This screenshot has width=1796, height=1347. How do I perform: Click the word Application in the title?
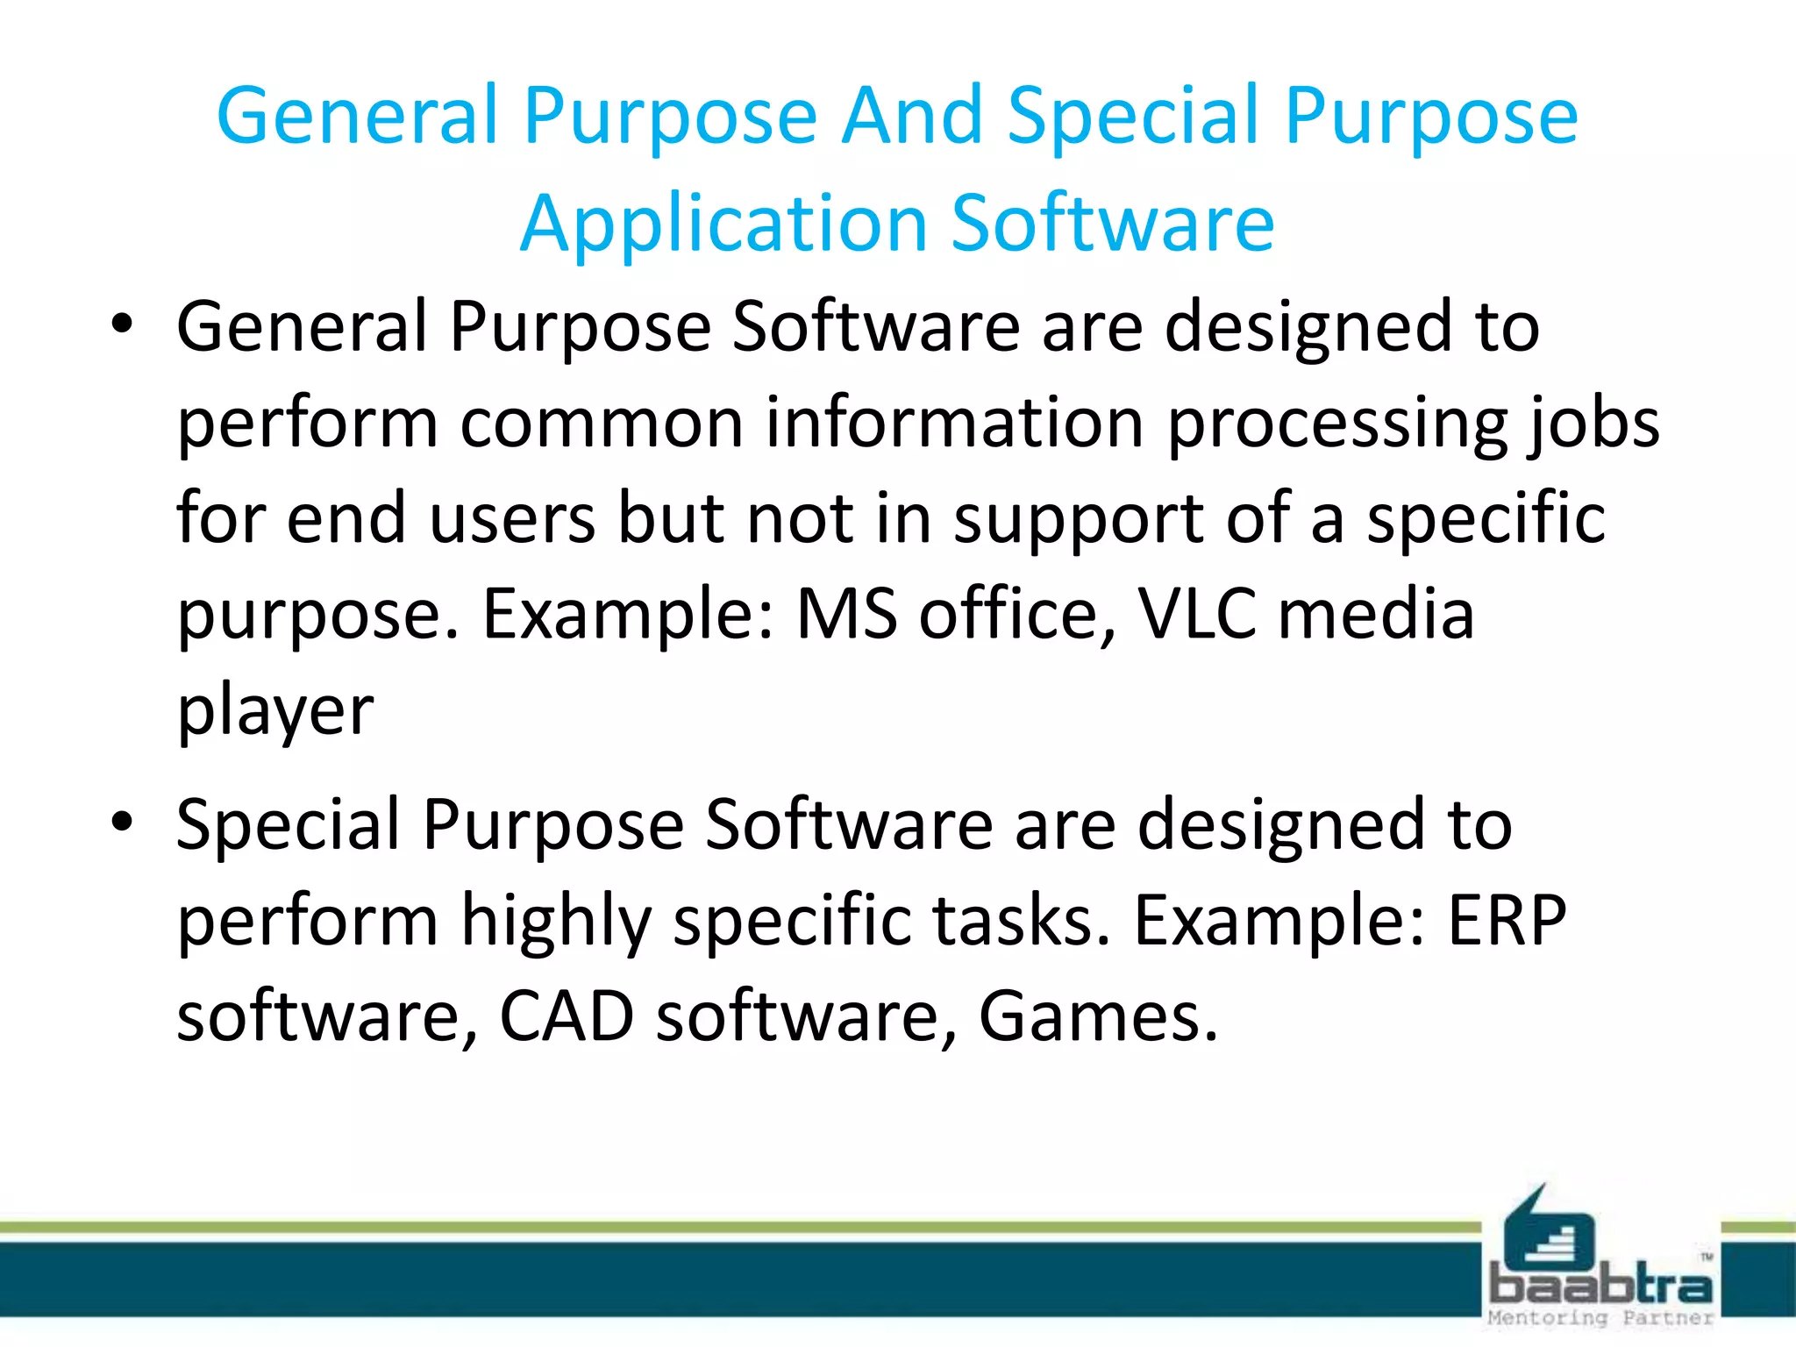tap(723, 224)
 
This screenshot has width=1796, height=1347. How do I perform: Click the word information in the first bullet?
tap(955, 423)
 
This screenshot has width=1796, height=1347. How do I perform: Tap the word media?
tap(1376, 614)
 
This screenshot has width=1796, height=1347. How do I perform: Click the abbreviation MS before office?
tap(846, 614)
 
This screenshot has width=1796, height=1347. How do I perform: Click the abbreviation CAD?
tap(567, 1016)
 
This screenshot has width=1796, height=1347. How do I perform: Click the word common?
tap(602, 423)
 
